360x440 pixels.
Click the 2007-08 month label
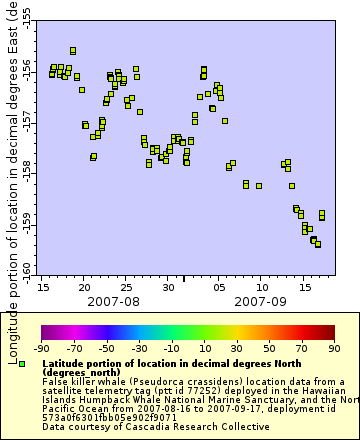[113, 300]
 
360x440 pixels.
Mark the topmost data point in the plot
[73, 50]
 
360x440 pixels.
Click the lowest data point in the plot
[318, 244]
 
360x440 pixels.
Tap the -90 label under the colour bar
[41, 348]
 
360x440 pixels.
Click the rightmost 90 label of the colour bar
[333, 348]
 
